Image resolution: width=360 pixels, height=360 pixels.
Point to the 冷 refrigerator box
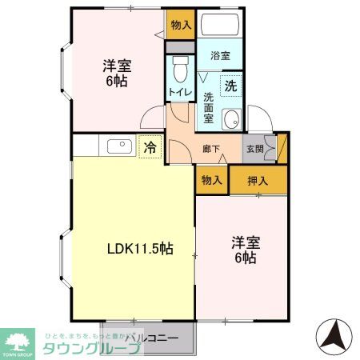(x=150, y=147)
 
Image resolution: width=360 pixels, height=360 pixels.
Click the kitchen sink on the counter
(x=118, y=146)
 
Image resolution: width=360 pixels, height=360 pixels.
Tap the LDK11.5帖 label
(x=140, y=249)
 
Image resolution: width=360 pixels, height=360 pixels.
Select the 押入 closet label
(x=257, y=181)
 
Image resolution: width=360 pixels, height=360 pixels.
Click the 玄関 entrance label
(x=254, y=148)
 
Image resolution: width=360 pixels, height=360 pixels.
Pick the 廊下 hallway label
(x=211, y=148)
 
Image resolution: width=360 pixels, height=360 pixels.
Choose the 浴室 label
(x=220, y=56)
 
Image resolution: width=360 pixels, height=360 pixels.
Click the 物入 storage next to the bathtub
(x=181, y=25)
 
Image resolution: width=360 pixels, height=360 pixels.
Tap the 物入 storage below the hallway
(x=212, y=181)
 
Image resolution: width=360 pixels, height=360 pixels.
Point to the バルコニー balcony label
(x=150, y=338)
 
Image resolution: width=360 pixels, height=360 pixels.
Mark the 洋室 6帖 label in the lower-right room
(x=245, y=250)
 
